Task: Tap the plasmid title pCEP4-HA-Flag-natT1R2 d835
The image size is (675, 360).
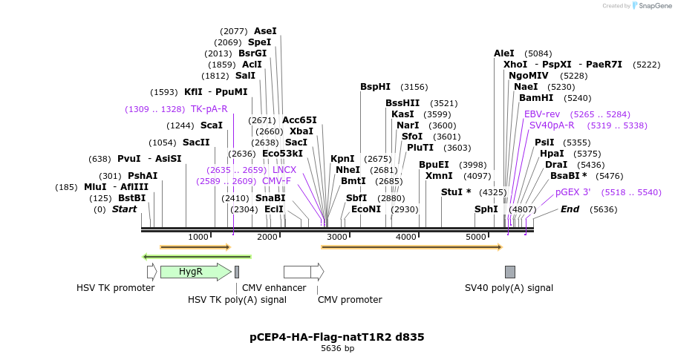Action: click(x=337, y=337)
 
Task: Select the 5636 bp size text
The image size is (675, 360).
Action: click(x=337, y=348)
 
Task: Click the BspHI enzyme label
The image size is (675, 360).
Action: click(x=375, y=87)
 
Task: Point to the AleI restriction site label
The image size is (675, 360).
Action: click(x=504, y=53)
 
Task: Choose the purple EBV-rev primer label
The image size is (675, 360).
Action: click(x=542, y=114)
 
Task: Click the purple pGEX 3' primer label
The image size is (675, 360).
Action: click(x=573, y=192)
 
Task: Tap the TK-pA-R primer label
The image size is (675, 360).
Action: click(x=209, y=109)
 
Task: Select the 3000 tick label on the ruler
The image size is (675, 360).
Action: click(x=337, y=237)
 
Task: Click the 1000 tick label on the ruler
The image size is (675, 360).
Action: click(x=198, y=237)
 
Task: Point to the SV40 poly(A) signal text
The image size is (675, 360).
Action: click(x=509, y=288)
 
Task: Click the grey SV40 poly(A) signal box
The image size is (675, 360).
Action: click(x=510, y=272)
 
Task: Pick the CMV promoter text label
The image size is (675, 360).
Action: click(x=350, y=300)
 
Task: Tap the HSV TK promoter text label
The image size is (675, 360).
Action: click(x=116, y=288)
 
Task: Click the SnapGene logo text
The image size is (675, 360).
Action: click(x=656, y=6)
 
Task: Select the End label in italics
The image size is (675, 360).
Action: click(x=570, y=209)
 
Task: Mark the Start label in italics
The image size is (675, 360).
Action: click(x=125, y=209)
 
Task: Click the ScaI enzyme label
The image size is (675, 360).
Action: click(x=212, y=125)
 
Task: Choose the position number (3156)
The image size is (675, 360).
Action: click(x=414, y=87)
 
